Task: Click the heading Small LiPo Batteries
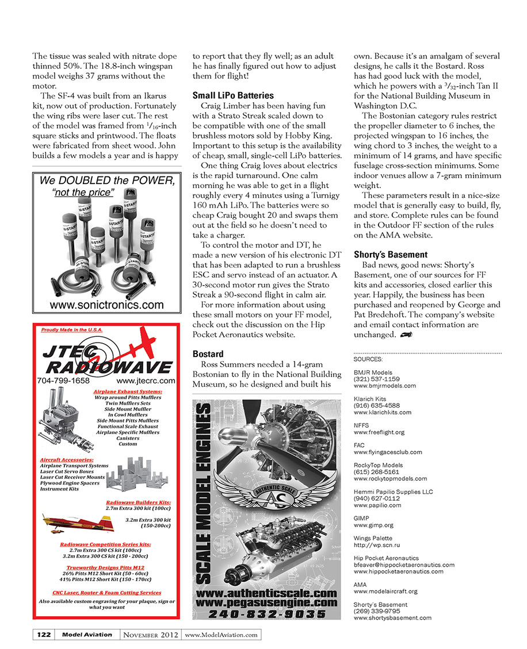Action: click(233, 95)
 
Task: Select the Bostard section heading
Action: click(208, 354)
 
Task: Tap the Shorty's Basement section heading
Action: click(391, 254)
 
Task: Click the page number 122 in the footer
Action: click(43, 635)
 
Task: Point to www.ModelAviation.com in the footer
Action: click(222, 635)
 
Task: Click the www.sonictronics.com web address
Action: click(106, 305)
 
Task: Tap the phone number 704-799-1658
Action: click(63, 381)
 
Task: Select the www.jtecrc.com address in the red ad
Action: click(146, 381)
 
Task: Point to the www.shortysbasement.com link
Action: click(392, 618)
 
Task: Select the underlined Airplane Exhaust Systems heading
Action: click(127, 391)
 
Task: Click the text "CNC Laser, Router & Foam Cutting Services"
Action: click(107, 592)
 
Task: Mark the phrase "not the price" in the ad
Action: click(83, 193)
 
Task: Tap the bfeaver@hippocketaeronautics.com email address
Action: click(404, 564)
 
